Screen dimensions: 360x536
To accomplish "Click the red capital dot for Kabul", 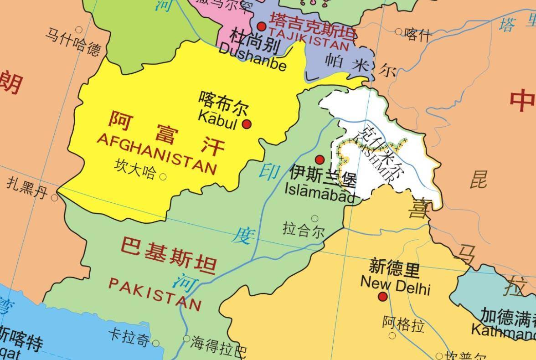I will tap(247, 124).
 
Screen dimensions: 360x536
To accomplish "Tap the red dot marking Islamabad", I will tap(320, 159).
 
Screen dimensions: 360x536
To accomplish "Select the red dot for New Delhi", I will tap(383, 297).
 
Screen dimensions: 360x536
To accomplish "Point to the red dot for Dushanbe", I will tap(262, 26).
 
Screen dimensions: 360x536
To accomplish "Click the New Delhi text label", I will tap(395, 285).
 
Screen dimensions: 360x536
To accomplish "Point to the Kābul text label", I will tap(217, 121).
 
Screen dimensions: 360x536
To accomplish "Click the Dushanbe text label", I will tap(253, 57).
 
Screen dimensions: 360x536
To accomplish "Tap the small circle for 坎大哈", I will tap(163, 176).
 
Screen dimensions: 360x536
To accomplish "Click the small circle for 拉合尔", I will tap(314, 219).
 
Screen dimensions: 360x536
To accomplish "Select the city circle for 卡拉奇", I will tap(156, 343).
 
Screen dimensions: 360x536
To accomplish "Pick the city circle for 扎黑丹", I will tap(55, 198).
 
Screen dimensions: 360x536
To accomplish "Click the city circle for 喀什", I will tap(399, 31).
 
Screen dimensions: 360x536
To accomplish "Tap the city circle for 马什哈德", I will tap(79, 30).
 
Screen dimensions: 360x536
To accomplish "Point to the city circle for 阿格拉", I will tap(392, 336).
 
